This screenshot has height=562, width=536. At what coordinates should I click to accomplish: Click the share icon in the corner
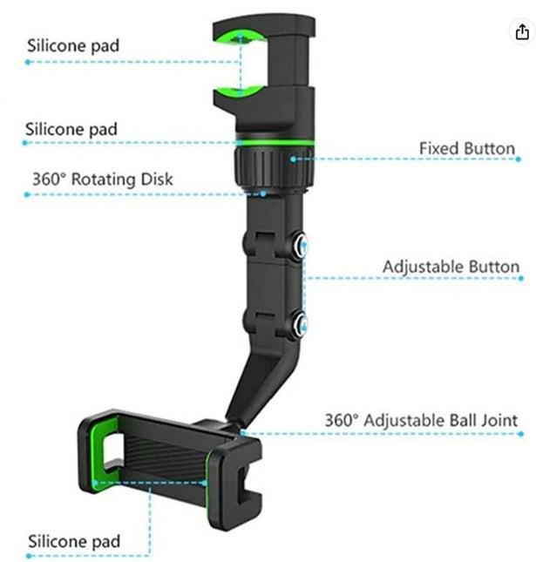[522, 32]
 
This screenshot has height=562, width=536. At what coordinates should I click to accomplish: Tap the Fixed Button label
[467, 148]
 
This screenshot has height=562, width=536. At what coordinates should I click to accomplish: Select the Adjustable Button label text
[451, 267]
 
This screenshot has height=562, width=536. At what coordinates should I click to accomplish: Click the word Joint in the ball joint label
[499, 420]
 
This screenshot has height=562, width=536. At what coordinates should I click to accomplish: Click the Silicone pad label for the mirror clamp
[73, 46]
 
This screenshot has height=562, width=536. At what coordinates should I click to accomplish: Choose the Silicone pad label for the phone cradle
[74, 541]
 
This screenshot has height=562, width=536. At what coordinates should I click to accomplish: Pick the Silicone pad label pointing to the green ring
[71, 129]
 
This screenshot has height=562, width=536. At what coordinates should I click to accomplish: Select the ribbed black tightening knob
[275, 167]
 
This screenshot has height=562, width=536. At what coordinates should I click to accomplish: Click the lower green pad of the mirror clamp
[239, 91]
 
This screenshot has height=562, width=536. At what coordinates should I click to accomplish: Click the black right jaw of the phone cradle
[234, 484]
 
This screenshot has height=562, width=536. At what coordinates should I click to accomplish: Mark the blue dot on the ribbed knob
[294, 159]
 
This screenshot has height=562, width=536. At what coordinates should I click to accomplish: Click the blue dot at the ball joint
[242, 433]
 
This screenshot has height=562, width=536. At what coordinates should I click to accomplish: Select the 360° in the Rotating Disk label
[50, 179]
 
